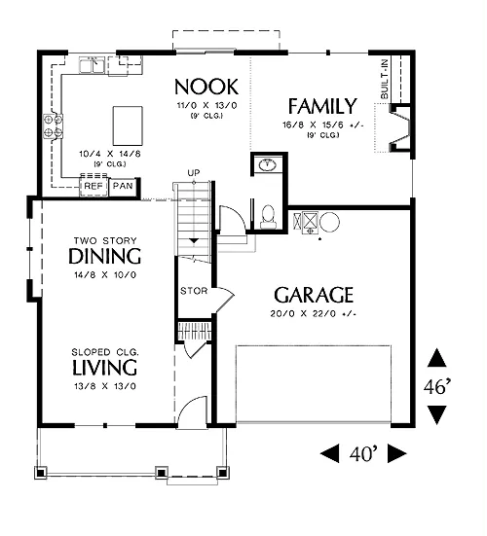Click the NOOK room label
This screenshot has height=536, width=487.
(x=206, y=87)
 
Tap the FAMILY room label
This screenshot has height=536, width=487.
(x=322, y=106)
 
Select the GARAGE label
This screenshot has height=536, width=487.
(x=314, y=295)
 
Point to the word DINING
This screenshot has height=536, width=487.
(x=105, y=256)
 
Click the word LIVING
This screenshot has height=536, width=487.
(x=105, y=367)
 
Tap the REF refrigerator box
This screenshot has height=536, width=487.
(x=94, y=187)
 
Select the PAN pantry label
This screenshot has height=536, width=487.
(x=123, y=186)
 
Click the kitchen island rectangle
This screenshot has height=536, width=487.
(x=128, y=125)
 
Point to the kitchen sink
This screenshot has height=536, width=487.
(x=93, y=65)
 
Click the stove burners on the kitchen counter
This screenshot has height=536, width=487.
(x=53, y=125)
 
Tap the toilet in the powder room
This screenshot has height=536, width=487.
(x=268, y=217)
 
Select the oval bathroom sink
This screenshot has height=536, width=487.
(x=267, y=165)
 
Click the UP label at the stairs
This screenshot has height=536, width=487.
(x=194, y=173)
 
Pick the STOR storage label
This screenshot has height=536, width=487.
(x=194, y=291)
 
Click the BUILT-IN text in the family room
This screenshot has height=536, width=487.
(x=385, y=79)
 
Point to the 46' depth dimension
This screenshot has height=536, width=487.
(x=437, y=387)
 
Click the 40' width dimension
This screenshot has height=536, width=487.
(x=363, y=454)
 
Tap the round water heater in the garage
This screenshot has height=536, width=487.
(x=329, y=222)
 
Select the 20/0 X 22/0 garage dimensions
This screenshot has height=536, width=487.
(x=314, y=313)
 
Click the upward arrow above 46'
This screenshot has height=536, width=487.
(x=437, y=358)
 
